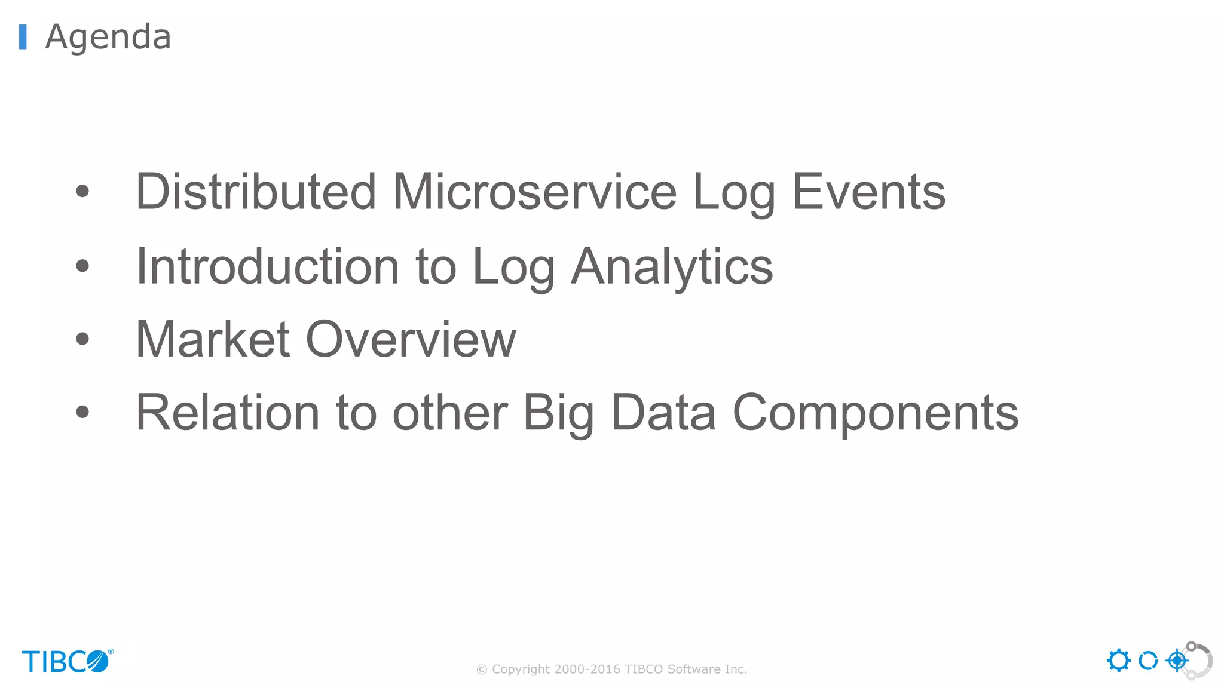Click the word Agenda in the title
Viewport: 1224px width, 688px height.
tap(108, 37)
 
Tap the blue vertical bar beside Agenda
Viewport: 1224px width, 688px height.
tap(23, 37)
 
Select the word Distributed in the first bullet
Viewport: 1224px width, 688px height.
tap(256, 192)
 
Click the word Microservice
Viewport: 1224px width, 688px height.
tap(534, 192)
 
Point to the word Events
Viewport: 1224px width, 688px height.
tap(868, 192)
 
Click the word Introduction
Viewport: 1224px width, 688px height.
tap(267, 266)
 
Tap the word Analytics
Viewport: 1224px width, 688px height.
tap(672, 266)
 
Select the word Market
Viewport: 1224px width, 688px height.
tap(213, 339)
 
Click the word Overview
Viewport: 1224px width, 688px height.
tap(411, 339)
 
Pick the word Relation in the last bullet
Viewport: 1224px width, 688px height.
tap(228, 413)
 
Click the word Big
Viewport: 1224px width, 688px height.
tap(558, 413)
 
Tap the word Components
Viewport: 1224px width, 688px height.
tap(875, 413)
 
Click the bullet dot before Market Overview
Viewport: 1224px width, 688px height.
tap(82, 339)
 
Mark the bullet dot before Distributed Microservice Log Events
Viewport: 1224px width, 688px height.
tap(82, 192)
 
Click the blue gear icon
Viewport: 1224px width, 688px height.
tap(1118, 661)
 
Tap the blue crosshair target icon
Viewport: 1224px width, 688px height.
tap(1177, 661)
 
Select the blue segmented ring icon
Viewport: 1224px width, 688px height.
tap(1147, 661)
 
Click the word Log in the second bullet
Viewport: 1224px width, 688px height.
tap(513, 266)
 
